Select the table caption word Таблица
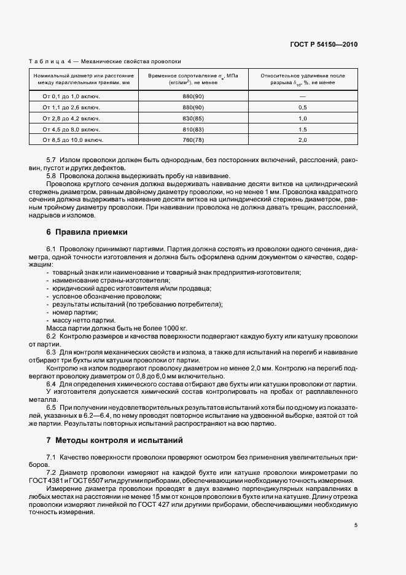click(x=49, y=61)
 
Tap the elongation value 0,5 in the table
click(x=302, y=108)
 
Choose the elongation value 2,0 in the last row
click(x=302, y=141)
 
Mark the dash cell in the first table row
click(x=302, y=96)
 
